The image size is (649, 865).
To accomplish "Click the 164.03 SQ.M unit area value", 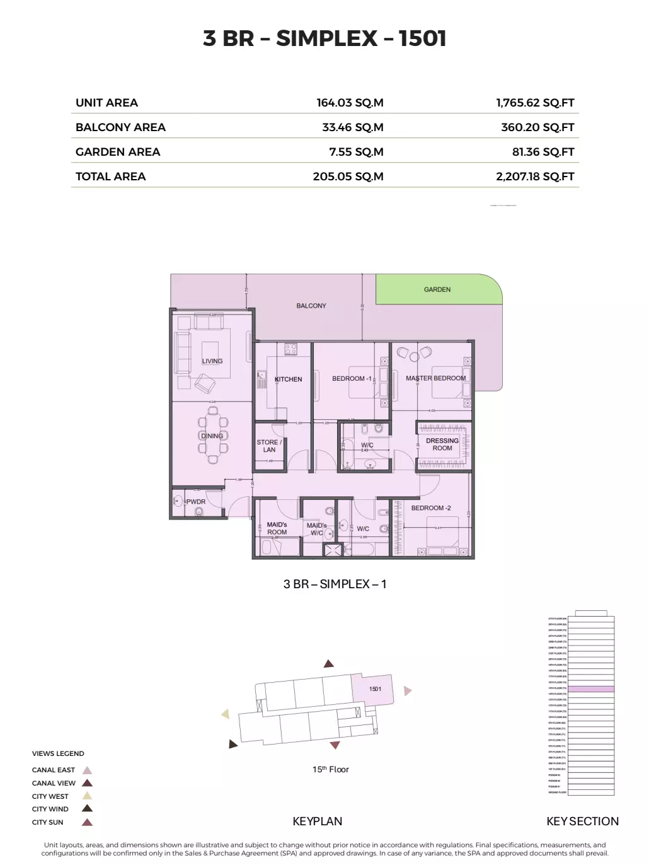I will (x=350, y=103).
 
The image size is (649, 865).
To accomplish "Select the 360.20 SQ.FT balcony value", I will (x=537, y=127).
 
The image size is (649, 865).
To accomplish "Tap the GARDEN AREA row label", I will (x=118, y=152).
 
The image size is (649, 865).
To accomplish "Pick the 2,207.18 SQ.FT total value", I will (x=535, y=177).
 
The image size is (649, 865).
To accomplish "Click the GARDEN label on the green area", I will (x=437, y=289).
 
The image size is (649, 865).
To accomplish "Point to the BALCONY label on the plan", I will (x=311, y=306).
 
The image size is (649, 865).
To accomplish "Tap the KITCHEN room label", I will (x=289, y=379).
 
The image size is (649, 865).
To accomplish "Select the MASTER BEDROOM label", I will (x=436, y=378).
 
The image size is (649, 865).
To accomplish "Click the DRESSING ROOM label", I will (x=442, y=444).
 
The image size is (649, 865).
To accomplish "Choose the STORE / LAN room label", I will (x=269, y=446).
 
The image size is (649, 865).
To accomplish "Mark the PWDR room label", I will (x=195, y=502).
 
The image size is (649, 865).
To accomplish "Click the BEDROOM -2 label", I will (x=431, y=508).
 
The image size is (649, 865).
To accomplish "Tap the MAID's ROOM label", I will (x=277, y=528).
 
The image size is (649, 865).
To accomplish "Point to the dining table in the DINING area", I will (x=213, y=435).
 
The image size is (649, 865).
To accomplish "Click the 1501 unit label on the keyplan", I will (x=376, y=688).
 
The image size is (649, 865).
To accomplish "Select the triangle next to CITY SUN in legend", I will (x=88, y=822).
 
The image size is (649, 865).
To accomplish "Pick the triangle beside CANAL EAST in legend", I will (x=88, y=770).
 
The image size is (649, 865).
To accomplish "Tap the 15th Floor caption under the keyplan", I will (x=330, y=769).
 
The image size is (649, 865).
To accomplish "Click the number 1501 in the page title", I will (x=423, y=38).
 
